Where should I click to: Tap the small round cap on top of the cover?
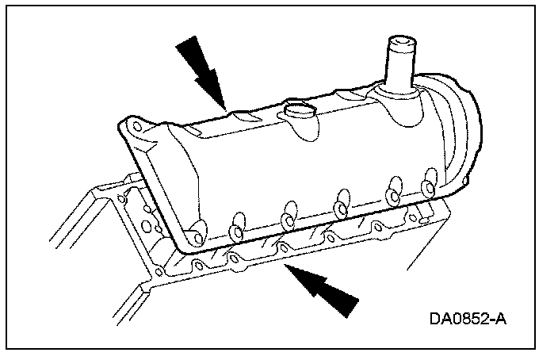pos(299,113)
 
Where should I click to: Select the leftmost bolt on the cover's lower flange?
pos(193,236)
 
